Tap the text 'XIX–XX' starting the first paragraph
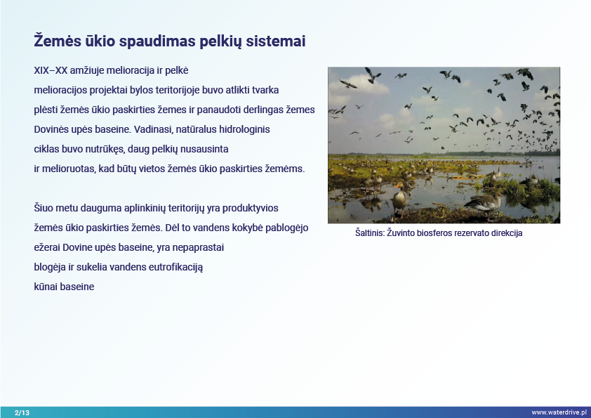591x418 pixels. click(x=51, y=70)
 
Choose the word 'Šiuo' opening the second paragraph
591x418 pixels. click(x=44, y=208)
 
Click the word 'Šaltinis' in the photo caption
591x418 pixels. click(x=370, y=233)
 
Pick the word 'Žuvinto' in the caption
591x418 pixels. click(x=401, y=233)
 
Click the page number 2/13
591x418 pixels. click(x=22, y=412)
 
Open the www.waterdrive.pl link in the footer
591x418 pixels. click(x=559, y=412)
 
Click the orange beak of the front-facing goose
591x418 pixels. click(x=397, y=185)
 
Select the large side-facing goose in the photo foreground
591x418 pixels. click(x=484, y=203)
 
